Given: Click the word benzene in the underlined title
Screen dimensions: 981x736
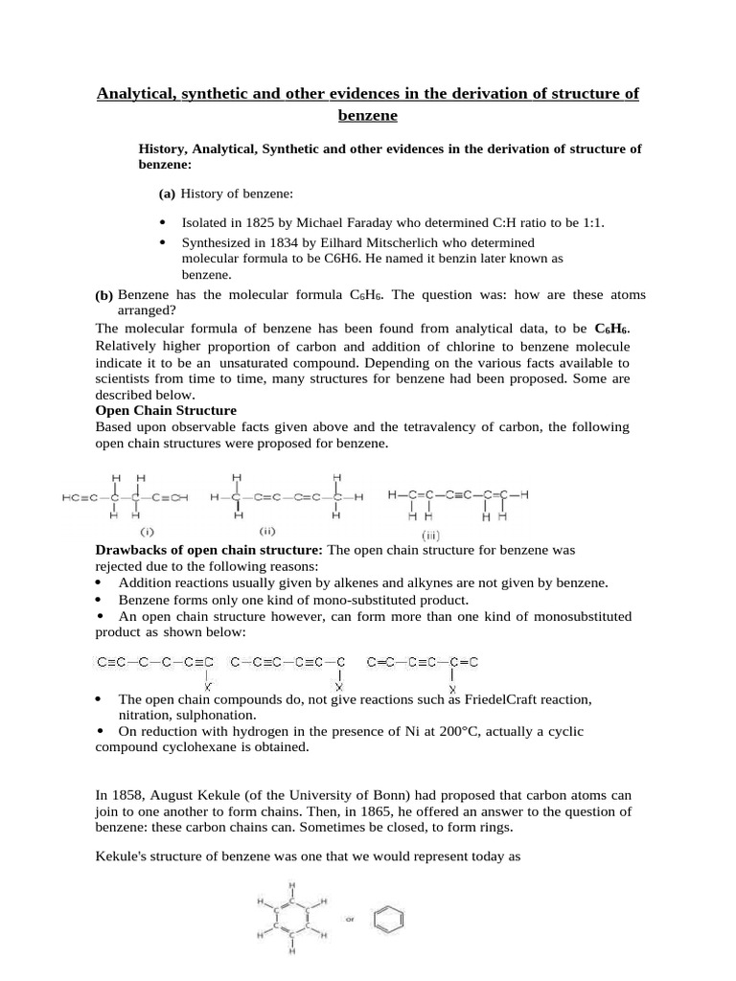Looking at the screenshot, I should pos(367,116).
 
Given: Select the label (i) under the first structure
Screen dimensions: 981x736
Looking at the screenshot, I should pos(149,530).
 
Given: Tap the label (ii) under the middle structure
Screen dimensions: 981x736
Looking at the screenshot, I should pos(268,530).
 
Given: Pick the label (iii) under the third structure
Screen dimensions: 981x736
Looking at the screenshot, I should pos(432,536).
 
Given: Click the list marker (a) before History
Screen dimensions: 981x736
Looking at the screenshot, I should pos(167,194).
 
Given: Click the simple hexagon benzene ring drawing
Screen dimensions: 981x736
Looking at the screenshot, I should pos(394,916).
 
